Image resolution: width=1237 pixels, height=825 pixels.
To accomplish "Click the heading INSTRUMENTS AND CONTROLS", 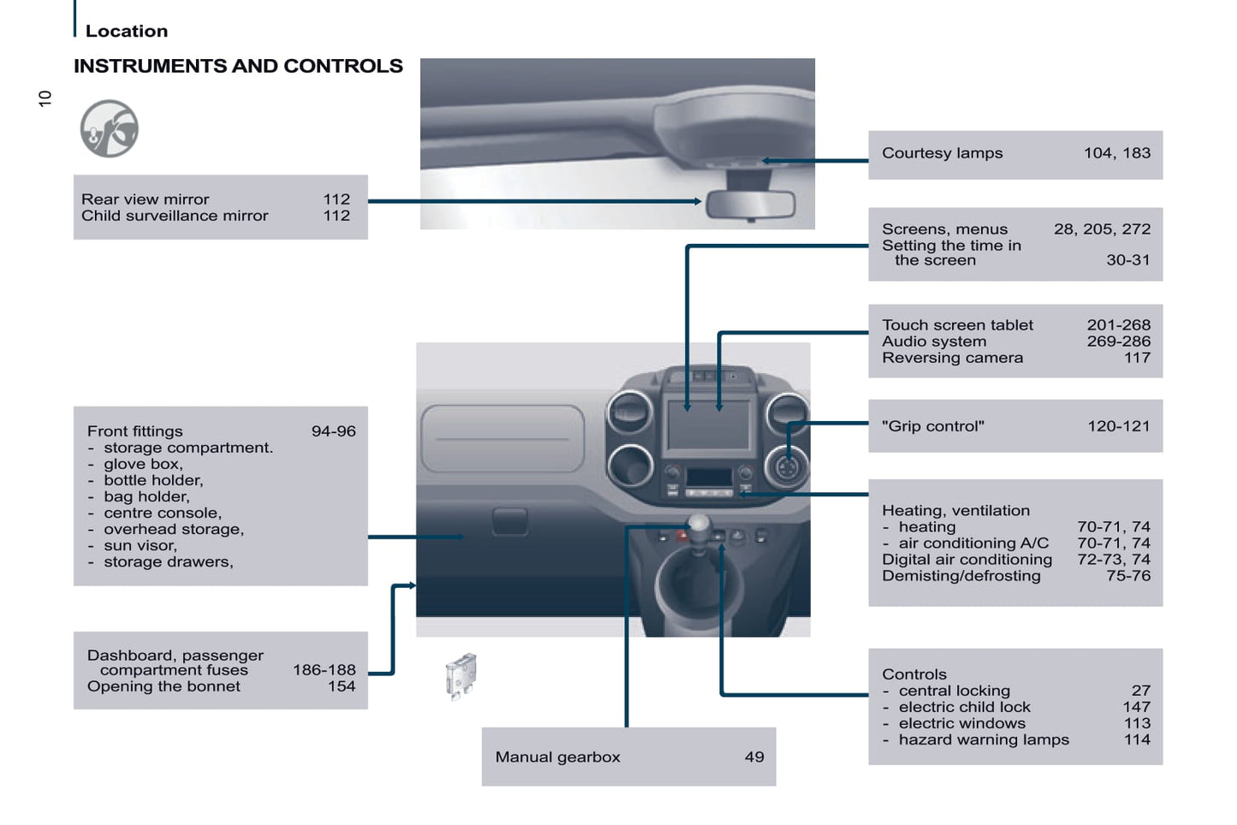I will pos(238,66).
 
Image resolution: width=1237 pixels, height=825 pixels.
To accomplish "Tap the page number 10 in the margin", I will pos(45,98).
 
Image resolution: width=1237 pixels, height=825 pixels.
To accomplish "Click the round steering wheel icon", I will pos(110,129).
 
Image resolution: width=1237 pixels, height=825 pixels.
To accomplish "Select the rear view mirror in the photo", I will pos(750,205).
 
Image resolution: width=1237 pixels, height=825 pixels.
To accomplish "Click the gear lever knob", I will pos(699,525).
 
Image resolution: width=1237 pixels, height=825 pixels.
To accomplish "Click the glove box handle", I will pos(510,520).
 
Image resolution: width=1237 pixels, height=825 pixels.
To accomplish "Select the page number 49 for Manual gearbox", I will pos(754,757).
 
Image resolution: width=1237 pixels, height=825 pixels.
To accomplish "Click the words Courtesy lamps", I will pos(942,153).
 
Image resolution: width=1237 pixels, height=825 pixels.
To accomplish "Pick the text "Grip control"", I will pos(933,426).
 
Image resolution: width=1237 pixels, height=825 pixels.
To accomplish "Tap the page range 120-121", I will pos(1118,426).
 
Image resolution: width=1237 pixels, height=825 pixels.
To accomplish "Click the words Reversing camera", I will pos(952,358).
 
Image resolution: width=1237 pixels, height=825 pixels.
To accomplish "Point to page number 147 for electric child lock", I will pos(1136,707).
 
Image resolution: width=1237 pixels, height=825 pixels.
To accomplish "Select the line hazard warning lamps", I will pos(983,739).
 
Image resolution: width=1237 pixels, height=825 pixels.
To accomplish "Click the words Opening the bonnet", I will pos(164,686).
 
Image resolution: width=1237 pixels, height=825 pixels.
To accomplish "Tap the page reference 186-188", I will pos(324,670).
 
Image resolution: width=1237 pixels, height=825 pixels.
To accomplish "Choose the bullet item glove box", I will pos(143,464).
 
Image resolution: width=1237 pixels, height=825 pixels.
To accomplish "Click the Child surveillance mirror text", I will pos(175,216).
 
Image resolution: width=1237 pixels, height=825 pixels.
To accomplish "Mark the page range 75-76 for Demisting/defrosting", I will pos(1127,576).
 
